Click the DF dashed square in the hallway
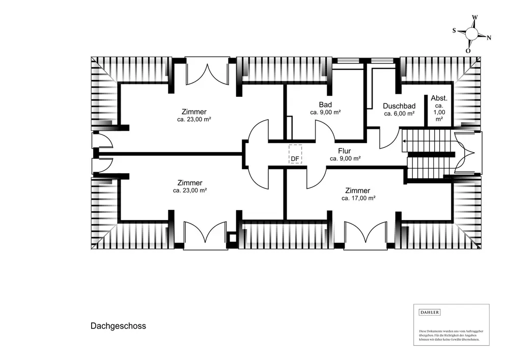pos(295,154)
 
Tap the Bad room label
pos(325,104)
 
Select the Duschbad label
pos(399,106)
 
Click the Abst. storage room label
pos(439,98)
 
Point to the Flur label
pos(345,151)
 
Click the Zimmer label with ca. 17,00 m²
pos(358,190)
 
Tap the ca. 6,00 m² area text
pos(399,114)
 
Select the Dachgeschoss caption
pos(118,326)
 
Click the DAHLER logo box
pos(429,312)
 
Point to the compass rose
pos(472,34)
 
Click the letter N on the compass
pos(489,38)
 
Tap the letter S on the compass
pos(454,31)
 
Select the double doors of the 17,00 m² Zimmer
pos(365,235)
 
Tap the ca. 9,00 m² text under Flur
pos(345,158)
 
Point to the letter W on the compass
pos(475,17)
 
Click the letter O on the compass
pos(468,51)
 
